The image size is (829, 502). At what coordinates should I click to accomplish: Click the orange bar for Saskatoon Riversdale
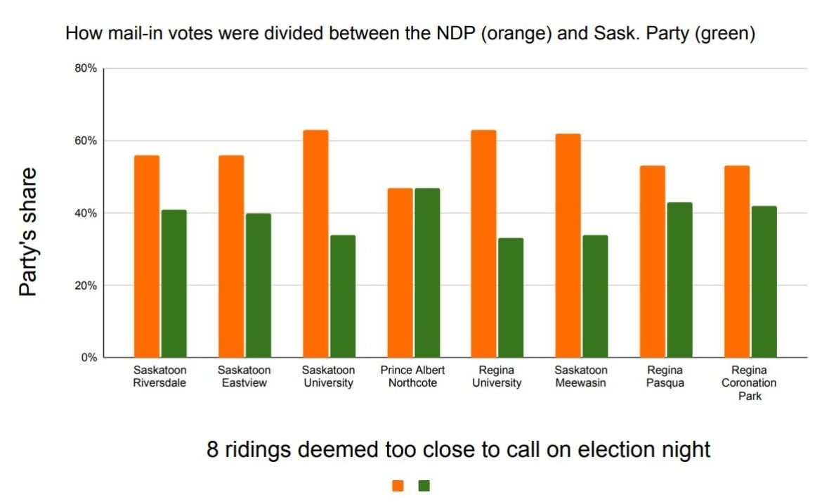147,256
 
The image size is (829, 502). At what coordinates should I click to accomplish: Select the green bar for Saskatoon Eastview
258,285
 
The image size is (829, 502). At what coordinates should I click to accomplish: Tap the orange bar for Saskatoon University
315,243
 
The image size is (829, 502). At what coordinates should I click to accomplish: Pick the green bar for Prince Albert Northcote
426,272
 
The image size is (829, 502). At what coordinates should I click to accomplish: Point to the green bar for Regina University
511,297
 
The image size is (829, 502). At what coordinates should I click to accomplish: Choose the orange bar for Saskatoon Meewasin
568,245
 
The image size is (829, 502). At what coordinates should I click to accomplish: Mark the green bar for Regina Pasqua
679,280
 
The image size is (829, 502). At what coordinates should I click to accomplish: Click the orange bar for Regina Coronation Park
737,262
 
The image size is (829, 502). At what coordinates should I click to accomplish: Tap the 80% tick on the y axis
86,68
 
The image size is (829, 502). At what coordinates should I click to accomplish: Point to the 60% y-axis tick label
86,141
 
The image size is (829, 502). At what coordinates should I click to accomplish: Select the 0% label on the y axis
89,358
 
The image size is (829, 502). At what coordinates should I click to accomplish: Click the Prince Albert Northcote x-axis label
412,376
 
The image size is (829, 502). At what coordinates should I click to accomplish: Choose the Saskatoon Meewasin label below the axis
581,376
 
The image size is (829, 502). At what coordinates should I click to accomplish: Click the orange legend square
398,485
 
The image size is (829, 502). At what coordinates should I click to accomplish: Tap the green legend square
424,485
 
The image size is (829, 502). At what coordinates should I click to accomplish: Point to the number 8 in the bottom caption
213,449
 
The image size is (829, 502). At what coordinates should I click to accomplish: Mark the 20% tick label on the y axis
86,285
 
